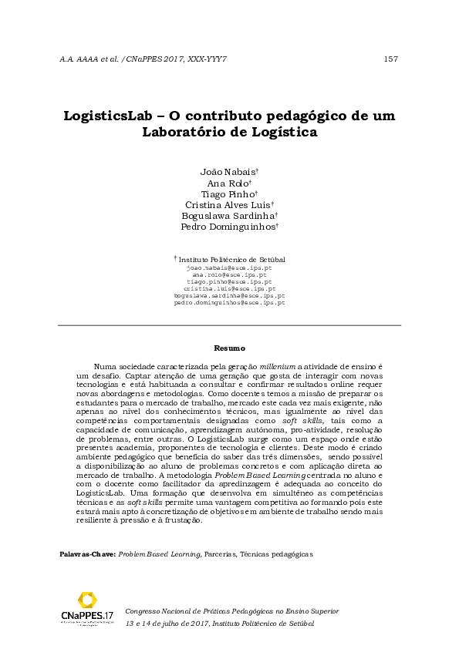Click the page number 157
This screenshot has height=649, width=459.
(x=390, y=59)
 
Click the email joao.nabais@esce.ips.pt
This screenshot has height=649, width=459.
(x=229, y=267)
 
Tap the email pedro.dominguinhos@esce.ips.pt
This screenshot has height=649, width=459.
(x=229, y=303)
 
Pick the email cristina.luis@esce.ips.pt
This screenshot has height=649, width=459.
(x=229, y=288)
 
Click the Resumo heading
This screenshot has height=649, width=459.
(x=229, y=348)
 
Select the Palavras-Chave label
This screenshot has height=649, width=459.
(x=88, y=553)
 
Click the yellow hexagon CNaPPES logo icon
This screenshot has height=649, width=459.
(x=87, y=600)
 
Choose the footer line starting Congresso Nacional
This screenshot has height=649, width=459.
(x=231, y=610)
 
